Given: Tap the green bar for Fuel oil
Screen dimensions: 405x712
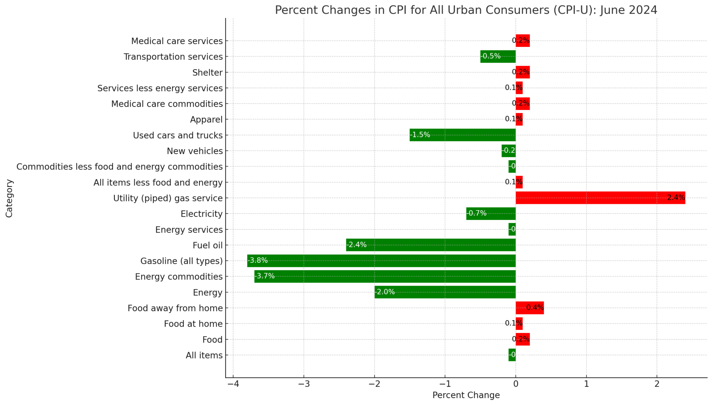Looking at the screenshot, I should pos(431,245).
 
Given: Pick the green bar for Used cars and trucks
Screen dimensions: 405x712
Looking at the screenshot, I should pos(462,135).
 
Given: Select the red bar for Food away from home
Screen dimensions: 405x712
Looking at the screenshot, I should pos(529,308).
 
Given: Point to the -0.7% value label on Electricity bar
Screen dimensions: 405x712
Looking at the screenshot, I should pos(476,213).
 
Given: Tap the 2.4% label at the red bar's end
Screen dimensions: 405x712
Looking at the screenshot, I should pos(675,198).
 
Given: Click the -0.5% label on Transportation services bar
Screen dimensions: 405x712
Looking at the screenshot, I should pos(491,56).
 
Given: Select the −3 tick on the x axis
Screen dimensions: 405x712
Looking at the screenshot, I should pos(304,384).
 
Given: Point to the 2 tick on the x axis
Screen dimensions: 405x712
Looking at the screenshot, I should pos(657,384).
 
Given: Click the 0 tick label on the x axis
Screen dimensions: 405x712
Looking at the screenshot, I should pos(516,384).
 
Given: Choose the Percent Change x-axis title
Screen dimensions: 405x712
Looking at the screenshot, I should pos(466,395).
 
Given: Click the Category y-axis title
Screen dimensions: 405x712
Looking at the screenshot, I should pos(9,198).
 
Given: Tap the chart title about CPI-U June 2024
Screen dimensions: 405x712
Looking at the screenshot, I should pos(466,10).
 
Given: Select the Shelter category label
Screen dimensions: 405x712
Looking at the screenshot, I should pos(207,73).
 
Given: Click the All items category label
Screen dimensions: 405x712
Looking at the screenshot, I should pos(204,355).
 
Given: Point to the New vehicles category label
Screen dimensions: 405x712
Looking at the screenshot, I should pos(195,151).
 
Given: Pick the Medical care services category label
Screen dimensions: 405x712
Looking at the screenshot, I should pos(177,41).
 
